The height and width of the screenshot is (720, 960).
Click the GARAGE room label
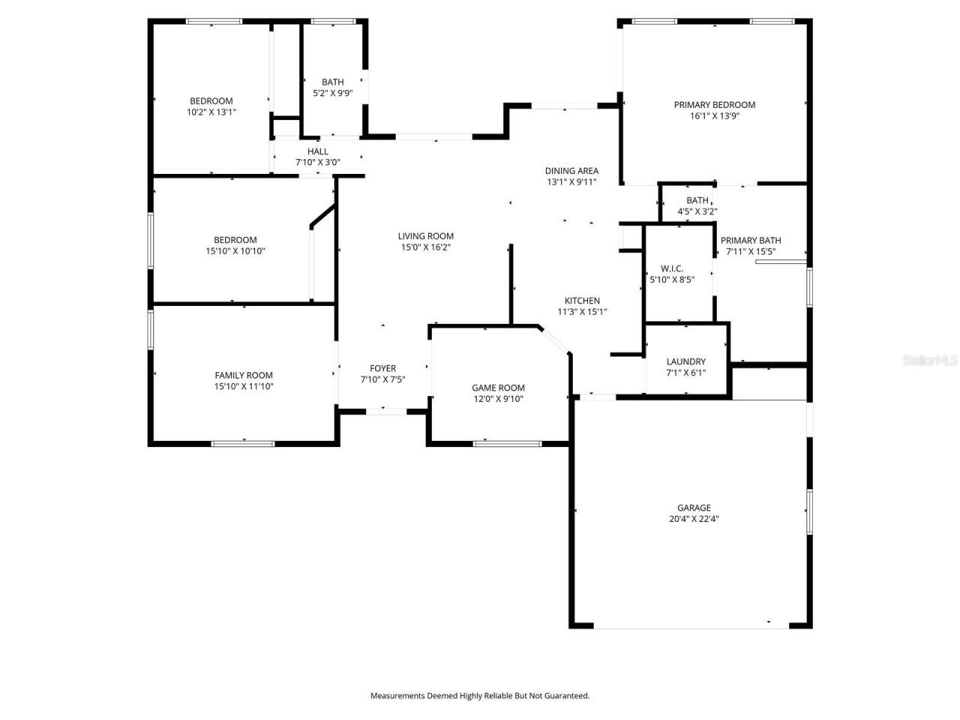tap(694, 508)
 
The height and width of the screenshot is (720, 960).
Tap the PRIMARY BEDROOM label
tap(714, 105)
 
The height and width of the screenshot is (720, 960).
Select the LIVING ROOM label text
tap(425, 236)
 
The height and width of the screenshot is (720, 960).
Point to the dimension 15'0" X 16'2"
tap(425, 247)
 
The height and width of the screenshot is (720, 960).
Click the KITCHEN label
tap(582, 301)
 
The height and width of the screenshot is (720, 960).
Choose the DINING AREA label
tap(571, 171)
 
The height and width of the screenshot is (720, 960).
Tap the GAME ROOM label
tap(498, 388)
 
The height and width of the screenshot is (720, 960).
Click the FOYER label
tap(382, 368)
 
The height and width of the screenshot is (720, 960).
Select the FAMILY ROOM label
tap(244, 376)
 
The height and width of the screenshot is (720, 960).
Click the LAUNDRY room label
tap(685, 361)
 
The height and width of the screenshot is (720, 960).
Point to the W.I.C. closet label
tap(671, 268)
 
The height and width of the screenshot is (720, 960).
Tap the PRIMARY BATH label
tap(750, 241)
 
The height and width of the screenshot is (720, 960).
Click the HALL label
tap(317, 151)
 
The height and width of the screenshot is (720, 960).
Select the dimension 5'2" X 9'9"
tap(332, 94)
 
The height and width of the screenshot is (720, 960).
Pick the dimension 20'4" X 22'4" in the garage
tap(694, 519)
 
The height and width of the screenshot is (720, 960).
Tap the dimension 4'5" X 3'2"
tap(697, 211)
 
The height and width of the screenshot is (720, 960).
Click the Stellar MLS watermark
tap(930, 361)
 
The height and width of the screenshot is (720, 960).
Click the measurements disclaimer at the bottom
tap(480, 696)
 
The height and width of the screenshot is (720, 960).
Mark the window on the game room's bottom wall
tap(507, 444)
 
